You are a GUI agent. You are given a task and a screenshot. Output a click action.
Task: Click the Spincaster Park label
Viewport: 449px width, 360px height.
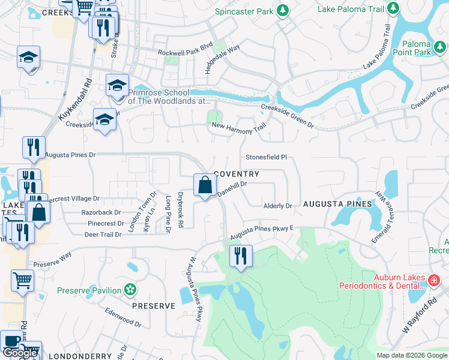pos(244,11)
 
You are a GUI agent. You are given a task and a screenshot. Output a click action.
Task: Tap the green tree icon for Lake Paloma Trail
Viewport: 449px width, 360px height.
pos(393,8)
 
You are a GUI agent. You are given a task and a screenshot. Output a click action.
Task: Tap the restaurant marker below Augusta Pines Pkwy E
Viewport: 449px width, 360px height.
pos(241,256)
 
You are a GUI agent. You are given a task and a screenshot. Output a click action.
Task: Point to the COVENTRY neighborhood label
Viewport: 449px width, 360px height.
pos(237,174)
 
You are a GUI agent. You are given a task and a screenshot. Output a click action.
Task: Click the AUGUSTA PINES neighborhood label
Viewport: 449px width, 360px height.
pos(337,205)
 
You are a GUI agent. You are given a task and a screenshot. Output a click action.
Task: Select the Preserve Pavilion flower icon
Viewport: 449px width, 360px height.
pos(130,290)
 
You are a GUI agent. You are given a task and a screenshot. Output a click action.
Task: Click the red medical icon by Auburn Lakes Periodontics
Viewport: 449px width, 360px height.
pos(434,280)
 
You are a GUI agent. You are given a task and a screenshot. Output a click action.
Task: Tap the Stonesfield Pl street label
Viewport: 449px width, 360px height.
pos(267,157)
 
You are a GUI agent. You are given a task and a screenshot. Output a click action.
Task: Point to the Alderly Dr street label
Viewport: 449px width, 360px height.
pos(277,206)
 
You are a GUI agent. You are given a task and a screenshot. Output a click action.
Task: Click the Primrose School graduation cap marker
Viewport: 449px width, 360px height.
pos(118,85)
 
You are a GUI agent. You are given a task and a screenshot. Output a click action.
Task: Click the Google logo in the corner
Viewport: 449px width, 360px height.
pos(20,353)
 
